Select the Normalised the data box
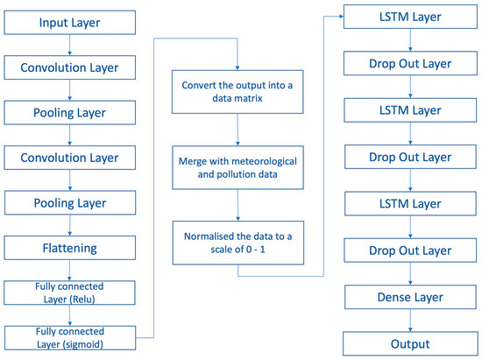tap(237, 242)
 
